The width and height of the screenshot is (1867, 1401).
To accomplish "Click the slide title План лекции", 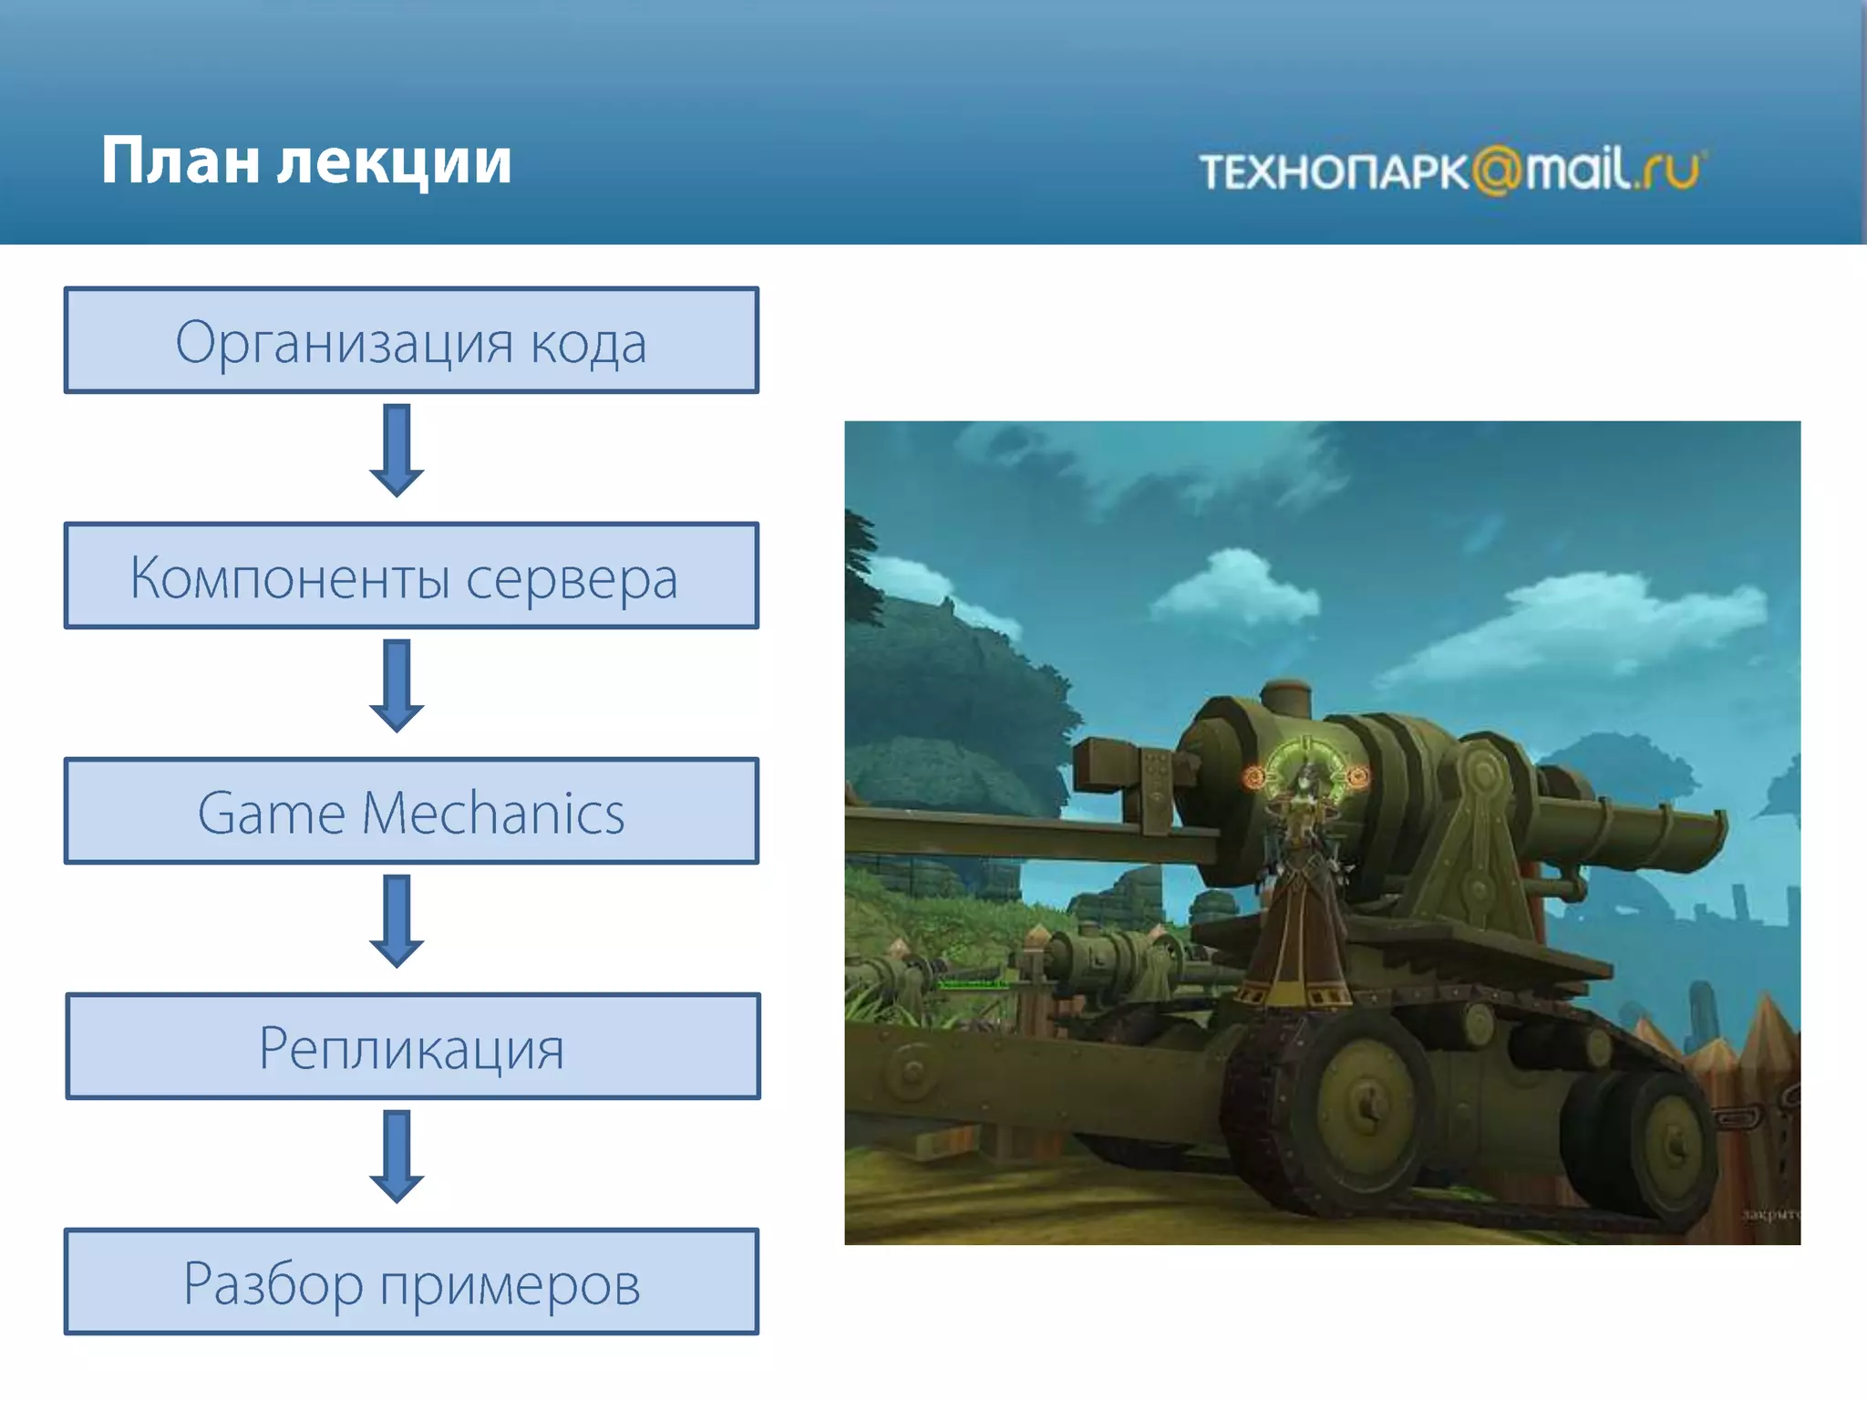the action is [306, 161].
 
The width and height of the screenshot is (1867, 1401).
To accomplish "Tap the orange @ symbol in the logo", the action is [1496, 171].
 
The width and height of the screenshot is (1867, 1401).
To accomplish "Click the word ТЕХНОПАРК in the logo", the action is [1333, 172].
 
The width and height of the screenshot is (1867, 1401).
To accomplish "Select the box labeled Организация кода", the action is [411, 341].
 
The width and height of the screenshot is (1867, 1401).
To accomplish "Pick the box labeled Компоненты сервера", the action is [411, 576].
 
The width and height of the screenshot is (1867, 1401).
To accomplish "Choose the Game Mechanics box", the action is [411, 811].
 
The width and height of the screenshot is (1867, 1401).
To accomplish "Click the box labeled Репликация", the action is [413, 1046].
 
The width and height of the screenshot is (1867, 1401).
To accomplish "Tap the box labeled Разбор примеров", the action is [411, 1282].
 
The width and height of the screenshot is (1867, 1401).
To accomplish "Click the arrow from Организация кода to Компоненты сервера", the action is [397, 451].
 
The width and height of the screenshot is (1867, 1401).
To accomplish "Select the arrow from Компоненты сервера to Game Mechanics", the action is [397, 686].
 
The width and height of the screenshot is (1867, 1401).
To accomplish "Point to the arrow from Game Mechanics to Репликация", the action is [397, 921].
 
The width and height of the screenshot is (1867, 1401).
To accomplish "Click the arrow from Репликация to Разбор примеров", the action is [397, 1157].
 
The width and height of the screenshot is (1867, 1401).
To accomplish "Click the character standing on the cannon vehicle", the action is [1299, 894].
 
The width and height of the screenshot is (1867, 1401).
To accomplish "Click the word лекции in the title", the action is [394, 161].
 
